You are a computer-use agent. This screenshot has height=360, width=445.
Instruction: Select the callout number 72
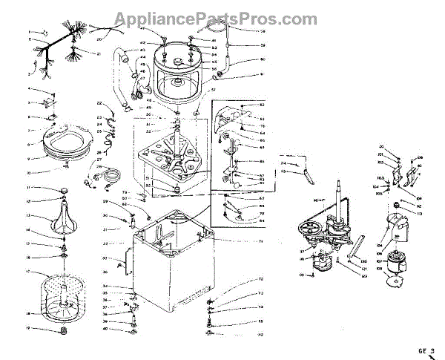click(261, 279)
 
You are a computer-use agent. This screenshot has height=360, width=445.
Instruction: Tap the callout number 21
click(99, 53)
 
